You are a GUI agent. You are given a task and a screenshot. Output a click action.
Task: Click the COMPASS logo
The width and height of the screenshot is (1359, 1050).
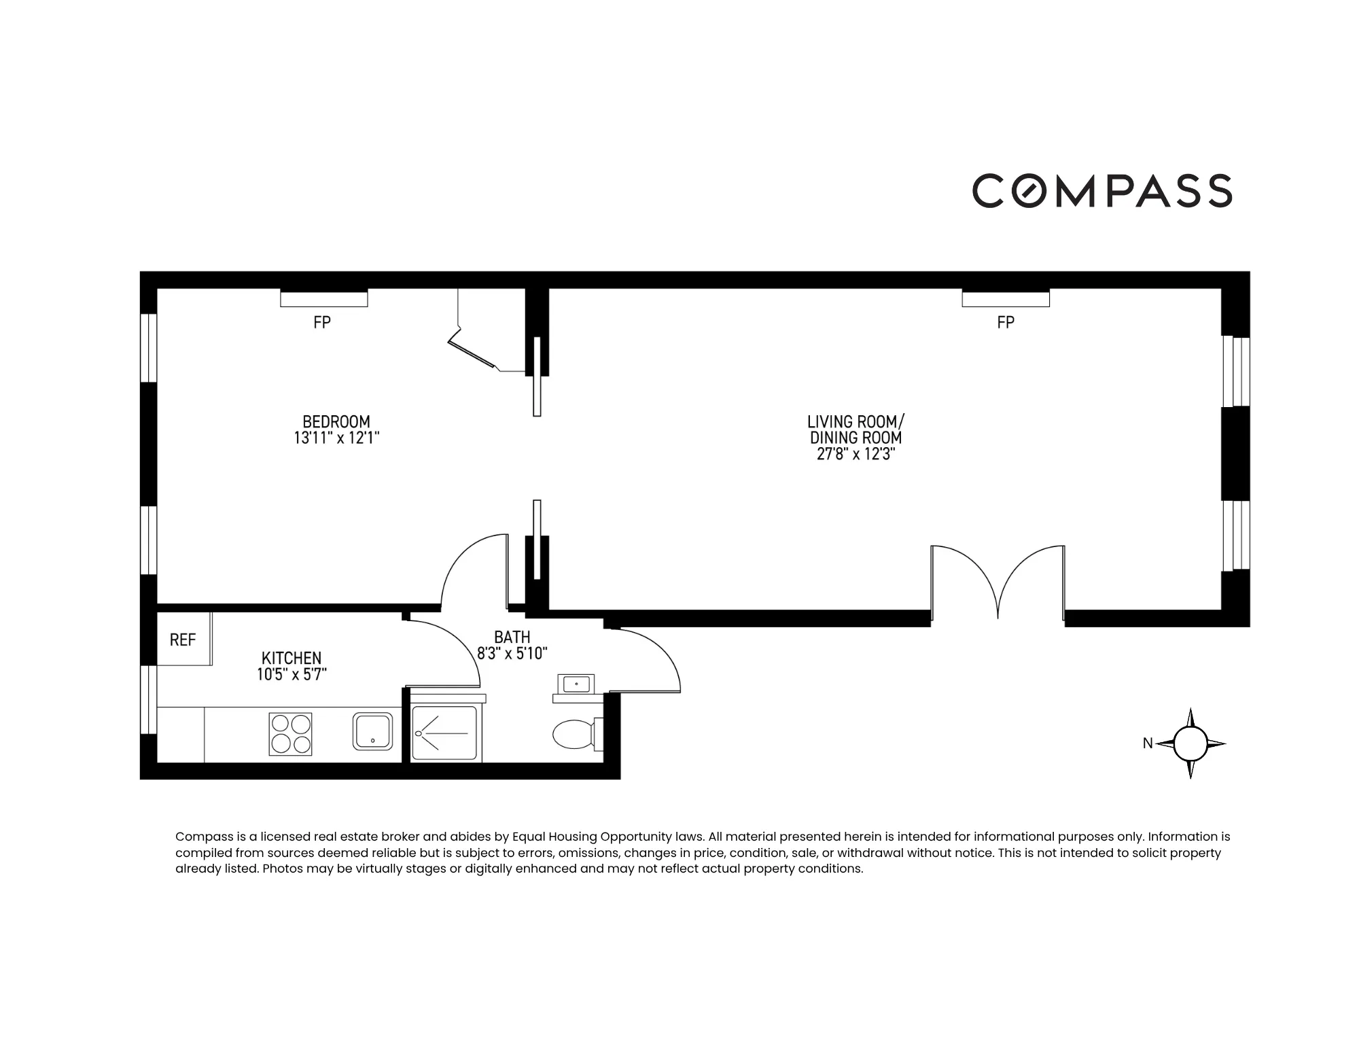(1101, 190)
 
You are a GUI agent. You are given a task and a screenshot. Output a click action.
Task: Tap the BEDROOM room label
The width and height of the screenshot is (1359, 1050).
(336, 421)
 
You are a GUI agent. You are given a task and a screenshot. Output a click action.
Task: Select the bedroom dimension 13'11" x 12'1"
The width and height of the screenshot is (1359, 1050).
(336, 438)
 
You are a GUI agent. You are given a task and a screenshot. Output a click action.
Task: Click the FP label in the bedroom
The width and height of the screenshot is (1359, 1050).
(322, 323)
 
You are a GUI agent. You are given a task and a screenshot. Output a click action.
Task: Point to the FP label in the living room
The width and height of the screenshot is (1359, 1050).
(1006, 323)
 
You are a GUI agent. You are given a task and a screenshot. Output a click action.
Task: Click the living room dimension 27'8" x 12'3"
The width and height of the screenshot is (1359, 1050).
(855, 455)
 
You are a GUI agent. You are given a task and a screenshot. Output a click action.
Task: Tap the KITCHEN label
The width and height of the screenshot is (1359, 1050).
(292, 658)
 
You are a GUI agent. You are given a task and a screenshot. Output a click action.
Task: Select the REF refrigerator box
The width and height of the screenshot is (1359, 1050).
(183, 640)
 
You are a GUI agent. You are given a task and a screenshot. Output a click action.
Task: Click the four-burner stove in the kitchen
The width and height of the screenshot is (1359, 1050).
(291, 734)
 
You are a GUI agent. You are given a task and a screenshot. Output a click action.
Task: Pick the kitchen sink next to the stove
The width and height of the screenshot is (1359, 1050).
(372, 731)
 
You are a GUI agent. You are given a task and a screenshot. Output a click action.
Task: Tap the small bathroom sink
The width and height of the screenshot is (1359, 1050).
(576, 684)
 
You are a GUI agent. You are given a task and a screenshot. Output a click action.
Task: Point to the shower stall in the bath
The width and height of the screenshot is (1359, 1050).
(446, 734)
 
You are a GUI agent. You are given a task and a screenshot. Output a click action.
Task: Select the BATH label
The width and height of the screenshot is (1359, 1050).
(512, 637)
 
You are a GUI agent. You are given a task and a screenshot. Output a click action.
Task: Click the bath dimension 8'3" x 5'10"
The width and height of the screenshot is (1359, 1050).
(512, 654)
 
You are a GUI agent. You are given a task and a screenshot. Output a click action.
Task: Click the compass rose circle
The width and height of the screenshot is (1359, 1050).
(1190, 743)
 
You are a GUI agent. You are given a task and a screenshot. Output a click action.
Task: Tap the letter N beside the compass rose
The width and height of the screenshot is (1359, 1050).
(1148, 743)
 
